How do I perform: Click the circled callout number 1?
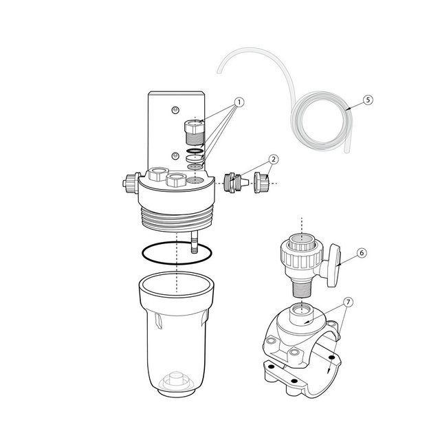point(239,102)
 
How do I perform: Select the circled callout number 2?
point(274,159)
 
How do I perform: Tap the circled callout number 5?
point(368,100)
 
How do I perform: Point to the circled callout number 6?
point(362,253)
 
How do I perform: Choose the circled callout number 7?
point(349,302)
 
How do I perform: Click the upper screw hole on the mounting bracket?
point(175,110)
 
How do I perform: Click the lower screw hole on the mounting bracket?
point(175,155)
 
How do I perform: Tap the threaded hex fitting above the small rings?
point(194,132)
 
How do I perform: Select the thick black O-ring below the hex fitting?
point(195,151)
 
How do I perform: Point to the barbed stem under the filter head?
point(194,242)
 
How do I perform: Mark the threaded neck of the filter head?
point(177,219)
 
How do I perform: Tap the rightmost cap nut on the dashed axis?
point(262,183)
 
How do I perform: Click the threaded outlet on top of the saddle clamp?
point(301,313)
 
